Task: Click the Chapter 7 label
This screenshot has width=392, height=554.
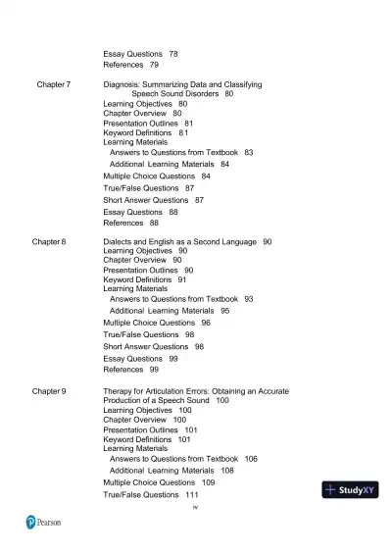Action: [53, 85]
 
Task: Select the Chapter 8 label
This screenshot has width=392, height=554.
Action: [49, 241]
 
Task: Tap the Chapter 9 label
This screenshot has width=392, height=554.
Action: [49, 391]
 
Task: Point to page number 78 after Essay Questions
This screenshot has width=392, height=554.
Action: [173, 53]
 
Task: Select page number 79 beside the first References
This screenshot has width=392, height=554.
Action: [155, 65]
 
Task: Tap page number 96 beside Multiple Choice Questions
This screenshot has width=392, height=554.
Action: [206, 323]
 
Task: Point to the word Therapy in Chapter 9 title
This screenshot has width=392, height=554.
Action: [122, 391]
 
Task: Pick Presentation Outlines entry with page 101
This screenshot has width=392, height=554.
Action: [140, 429]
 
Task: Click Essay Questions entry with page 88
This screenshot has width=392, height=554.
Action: [132, 212]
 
